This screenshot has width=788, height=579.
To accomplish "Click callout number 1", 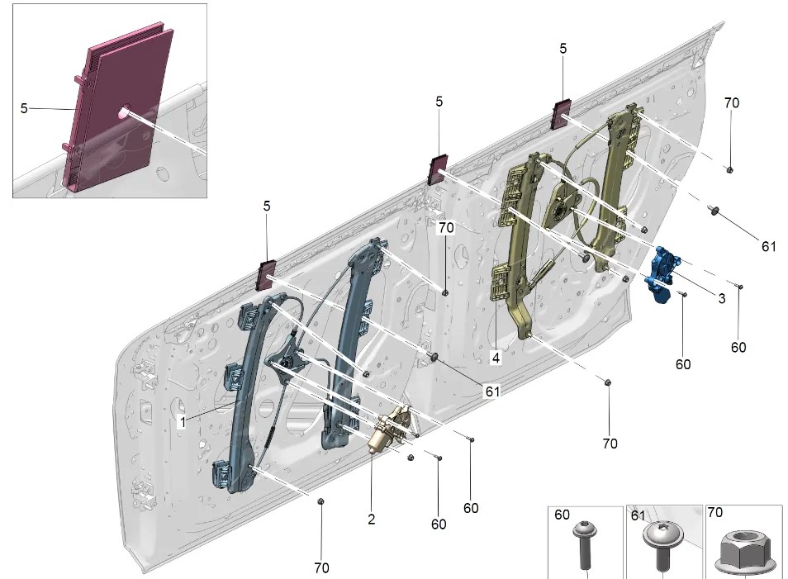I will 181,421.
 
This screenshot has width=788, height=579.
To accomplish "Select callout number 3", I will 721,298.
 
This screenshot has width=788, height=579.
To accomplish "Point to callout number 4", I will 496,358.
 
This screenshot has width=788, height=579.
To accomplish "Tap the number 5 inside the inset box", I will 24,107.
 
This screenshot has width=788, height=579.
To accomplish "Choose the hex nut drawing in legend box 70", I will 741,551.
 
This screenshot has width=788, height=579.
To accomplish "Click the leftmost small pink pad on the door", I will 267,275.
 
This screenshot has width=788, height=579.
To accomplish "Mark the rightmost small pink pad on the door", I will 562,114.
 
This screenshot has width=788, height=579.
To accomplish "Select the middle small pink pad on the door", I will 437,169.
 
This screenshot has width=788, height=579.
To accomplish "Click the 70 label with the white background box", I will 446,227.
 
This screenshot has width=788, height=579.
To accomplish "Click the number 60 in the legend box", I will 563,515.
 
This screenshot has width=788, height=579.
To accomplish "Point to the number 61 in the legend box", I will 638,515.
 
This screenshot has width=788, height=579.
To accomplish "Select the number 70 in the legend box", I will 715,513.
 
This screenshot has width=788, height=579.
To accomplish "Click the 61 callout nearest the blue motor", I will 769,245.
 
